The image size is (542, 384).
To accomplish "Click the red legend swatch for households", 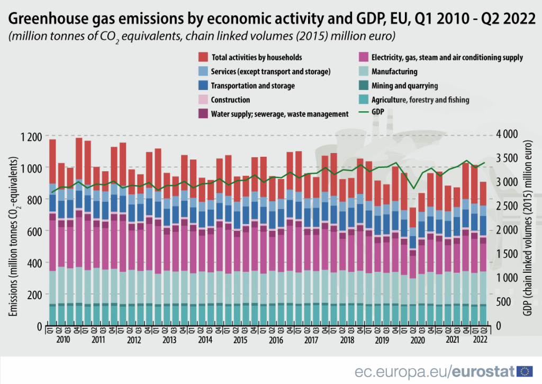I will (203, 57).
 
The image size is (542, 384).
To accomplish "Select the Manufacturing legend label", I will (394, 72).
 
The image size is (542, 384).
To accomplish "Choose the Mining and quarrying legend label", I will (404, 85).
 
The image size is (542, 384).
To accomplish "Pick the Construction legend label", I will (230, 100).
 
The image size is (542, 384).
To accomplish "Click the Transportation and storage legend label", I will (252, 85).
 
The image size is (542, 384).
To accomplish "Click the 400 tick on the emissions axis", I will (33, 263).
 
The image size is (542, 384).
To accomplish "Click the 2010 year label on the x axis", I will (63, 340).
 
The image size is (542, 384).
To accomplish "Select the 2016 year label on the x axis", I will (275, 340).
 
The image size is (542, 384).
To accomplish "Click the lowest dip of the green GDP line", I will (413, 189).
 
